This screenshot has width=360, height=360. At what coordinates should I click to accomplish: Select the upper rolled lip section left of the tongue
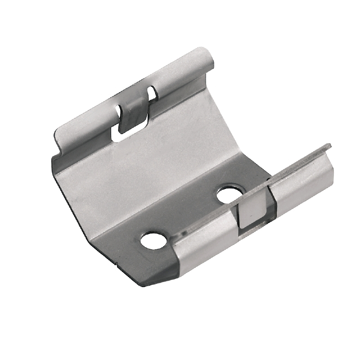(x=85, y=128)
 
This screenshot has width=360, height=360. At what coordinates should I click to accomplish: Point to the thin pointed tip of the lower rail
(x=329, y=145)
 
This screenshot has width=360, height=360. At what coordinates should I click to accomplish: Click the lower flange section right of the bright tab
(x=301, y=182)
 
